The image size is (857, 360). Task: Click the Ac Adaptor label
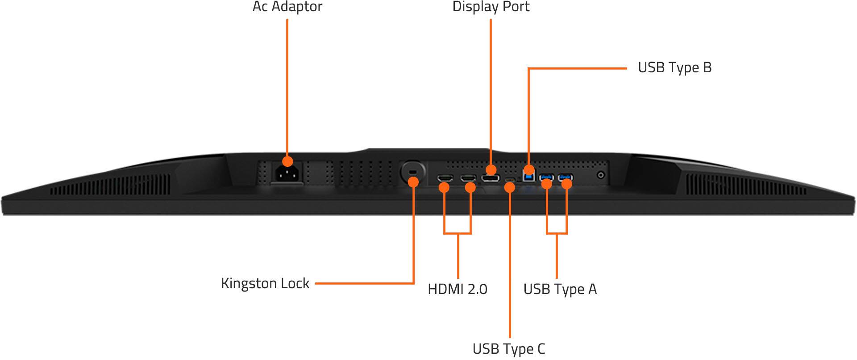(x=287, y=7)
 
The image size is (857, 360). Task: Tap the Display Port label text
(x=491, y=7)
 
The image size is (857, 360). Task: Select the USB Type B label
(x=674, y=68)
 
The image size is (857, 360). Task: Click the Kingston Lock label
(x=265, y=284)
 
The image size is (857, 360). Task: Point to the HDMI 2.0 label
(x=457, y=289)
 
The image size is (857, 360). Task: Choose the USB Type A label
(x=560, y=289)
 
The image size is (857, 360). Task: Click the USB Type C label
(x=508, y=349)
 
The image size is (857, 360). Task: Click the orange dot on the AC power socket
(x=287, y=161)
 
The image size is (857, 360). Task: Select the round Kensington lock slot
(x=412, y=171)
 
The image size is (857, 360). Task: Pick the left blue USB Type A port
(x=546, y=178)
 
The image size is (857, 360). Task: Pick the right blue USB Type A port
(x=566, y=178)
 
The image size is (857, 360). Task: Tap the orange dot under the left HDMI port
(x=444, y=187)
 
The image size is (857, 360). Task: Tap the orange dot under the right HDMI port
(x=470, y=187)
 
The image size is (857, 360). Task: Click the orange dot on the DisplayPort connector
(x=491, y=170)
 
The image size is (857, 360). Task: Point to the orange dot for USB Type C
(x=510, y=187)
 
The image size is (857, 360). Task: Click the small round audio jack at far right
(x=601, y=175)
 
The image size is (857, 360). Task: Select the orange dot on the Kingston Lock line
(x=413, y=182)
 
